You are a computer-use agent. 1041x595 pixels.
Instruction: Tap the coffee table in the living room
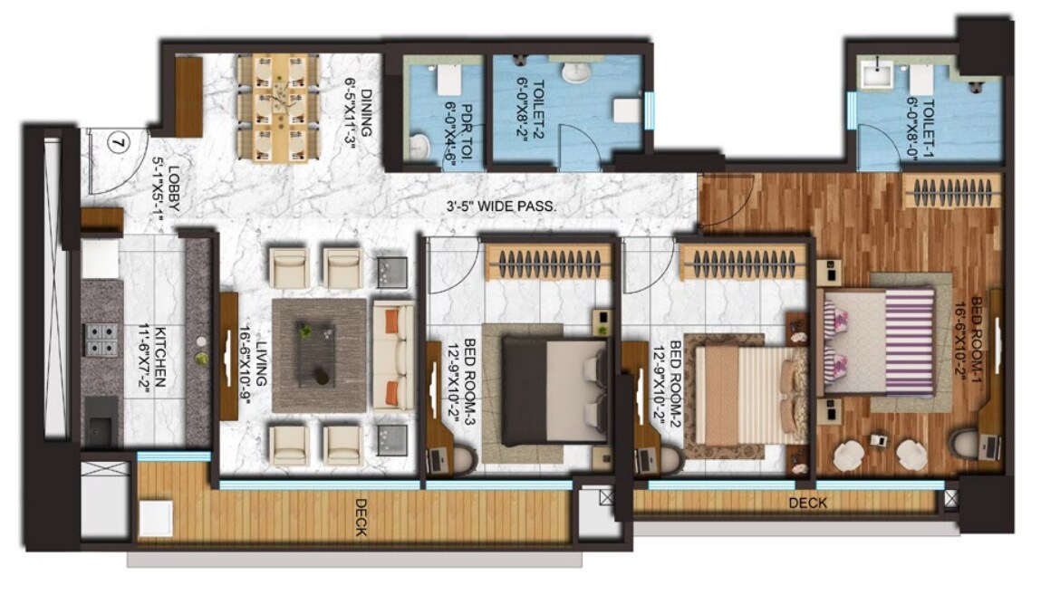point(320,354)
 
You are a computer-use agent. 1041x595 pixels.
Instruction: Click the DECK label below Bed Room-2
point(805,503)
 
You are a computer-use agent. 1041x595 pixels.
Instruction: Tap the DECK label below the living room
point(361,517)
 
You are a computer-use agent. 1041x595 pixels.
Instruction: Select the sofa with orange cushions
point(392,353)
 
